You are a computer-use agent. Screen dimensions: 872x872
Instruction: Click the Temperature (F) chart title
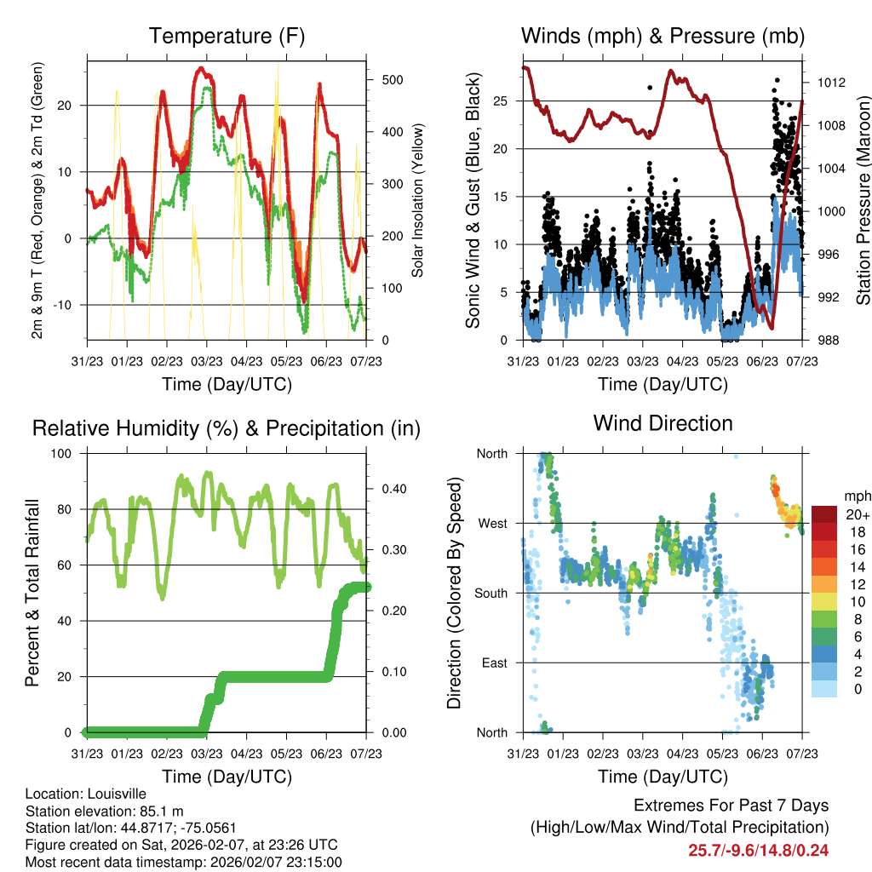click(227, 36)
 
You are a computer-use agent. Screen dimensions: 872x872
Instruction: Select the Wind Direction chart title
click(663, 423)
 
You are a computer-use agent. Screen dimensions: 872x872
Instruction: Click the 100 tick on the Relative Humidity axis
click(65, 453)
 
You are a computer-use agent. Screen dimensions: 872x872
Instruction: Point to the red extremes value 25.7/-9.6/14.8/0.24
click(759, 850)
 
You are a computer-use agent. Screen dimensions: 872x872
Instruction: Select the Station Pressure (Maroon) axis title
click(862, 200)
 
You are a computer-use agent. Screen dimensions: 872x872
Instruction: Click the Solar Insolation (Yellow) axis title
click(417, 201)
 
